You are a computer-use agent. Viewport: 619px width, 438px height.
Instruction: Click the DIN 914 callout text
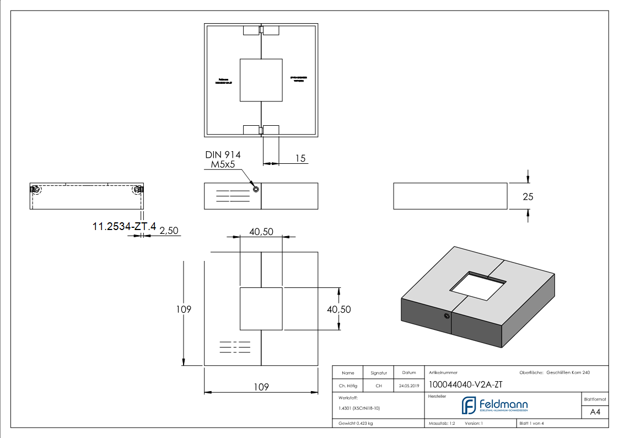point(223,155)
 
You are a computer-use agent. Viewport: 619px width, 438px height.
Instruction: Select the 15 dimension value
point(300,158)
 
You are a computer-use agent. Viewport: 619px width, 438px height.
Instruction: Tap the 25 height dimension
point(528,196)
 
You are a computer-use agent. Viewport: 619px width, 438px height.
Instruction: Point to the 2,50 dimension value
point(169,231)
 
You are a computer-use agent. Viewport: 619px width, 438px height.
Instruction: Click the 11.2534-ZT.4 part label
point(125,226)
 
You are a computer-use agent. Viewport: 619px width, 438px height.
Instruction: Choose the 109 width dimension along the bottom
point(261,387)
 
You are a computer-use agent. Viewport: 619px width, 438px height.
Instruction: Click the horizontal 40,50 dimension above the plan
point(261,232)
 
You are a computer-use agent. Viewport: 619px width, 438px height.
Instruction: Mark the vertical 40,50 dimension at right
point(338,309)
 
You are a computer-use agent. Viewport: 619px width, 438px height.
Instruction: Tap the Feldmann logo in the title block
point(494,405)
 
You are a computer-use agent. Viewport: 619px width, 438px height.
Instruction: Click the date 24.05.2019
point(409,386)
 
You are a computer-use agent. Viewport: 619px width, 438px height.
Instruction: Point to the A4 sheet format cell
point(595,412)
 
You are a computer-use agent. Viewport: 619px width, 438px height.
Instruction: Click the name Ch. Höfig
point(348,386)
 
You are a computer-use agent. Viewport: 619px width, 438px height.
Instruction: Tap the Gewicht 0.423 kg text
point(356,423)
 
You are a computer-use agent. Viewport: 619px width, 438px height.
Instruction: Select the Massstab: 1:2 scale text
point(442,423)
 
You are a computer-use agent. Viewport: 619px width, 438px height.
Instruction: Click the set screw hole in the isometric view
point(446,316)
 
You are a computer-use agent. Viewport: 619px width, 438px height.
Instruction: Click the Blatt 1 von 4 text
point(532,423)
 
